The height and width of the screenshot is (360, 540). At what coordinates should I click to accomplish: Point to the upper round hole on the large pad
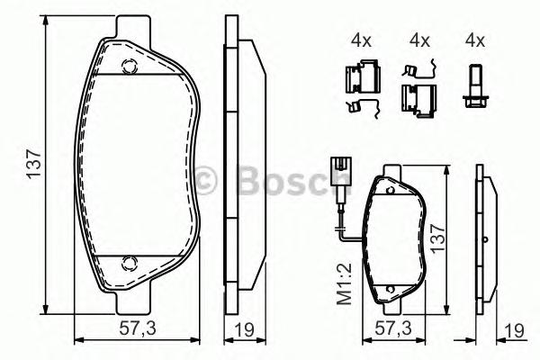129,65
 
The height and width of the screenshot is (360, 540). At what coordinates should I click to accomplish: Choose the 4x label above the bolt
474,40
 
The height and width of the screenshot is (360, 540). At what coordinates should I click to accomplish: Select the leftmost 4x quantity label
362,40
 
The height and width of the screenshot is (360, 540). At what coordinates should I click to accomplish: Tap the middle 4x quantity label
418,40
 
